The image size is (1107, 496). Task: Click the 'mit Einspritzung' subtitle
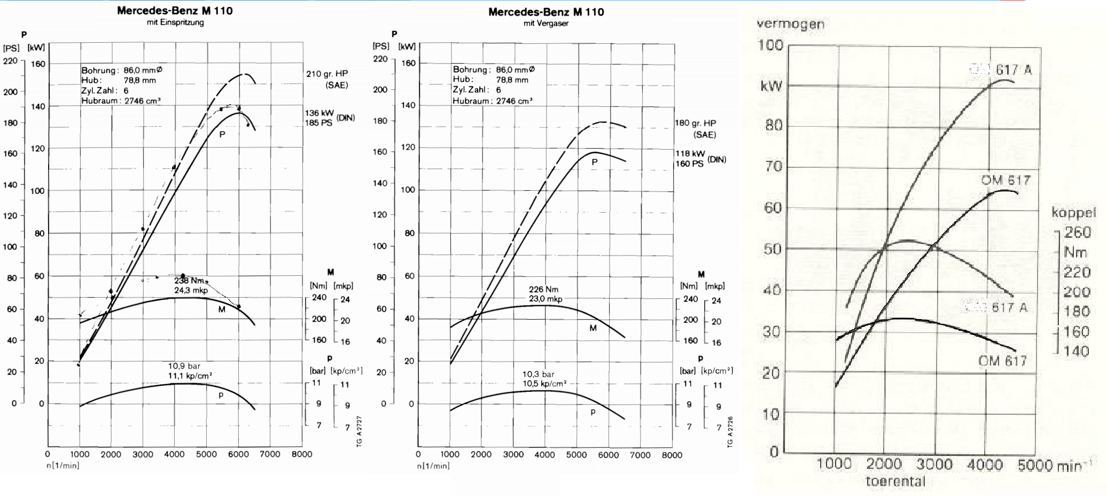click(x=175, y=22)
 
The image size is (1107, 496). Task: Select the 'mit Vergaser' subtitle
click(x=545, y=24)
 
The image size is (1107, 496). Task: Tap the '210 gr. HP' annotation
click(x=327, y=74)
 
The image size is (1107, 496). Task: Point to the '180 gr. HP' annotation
click(x=695, y=123)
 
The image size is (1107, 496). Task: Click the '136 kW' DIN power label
click(x=319, y=113)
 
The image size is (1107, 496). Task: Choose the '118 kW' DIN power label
click(x=690, y=153)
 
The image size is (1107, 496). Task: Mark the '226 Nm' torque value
click(x=543, y=289)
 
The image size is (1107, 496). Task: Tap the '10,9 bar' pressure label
click(x=184, y=366)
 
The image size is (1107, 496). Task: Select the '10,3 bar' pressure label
click(x=538, y=374)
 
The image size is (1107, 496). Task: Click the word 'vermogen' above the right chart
click(x=790, y=24)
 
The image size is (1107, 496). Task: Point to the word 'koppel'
click(x=1073, y=213)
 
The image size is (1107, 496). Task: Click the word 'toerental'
click(x=895, y=482)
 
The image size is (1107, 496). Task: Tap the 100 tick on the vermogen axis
click(x=770, y=45)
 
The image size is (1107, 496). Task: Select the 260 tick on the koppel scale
click(x=1077, y=232)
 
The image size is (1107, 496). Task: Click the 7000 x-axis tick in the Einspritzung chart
click(x=270, y=454)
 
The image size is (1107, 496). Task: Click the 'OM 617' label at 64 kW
click(x=1005, y=180)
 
